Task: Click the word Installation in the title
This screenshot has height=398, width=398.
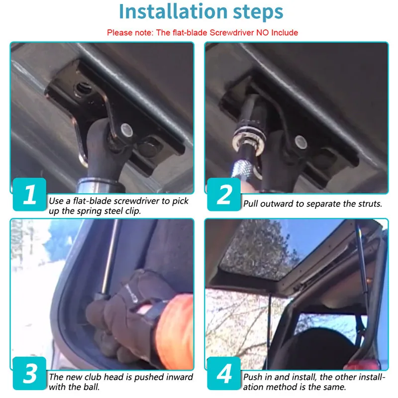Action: pos(173,11)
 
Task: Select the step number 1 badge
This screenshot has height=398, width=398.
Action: pos(29,194)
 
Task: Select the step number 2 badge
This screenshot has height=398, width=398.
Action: pos(224,194)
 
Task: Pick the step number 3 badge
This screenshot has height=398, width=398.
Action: pos(29,373)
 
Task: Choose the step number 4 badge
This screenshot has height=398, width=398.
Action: pos(224,373)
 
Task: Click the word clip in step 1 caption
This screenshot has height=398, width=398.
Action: pos(133,211)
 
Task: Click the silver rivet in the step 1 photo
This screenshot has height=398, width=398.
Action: pos(127,130)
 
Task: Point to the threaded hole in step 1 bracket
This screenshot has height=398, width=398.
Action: pos(83,89)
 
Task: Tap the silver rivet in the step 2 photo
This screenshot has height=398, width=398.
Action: pos(301,142)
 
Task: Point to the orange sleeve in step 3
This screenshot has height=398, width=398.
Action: pos(175,332)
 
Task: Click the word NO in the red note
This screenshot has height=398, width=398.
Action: pos(263,32)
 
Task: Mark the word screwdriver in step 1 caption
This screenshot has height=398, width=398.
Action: pos(137,201)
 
